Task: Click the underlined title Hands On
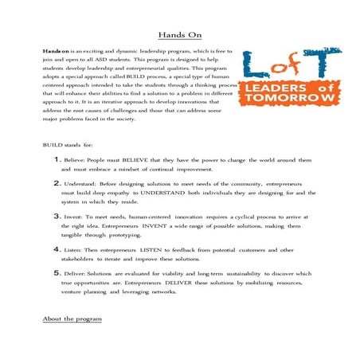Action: coord(179,36)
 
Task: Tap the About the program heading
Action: coord(72,319)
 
